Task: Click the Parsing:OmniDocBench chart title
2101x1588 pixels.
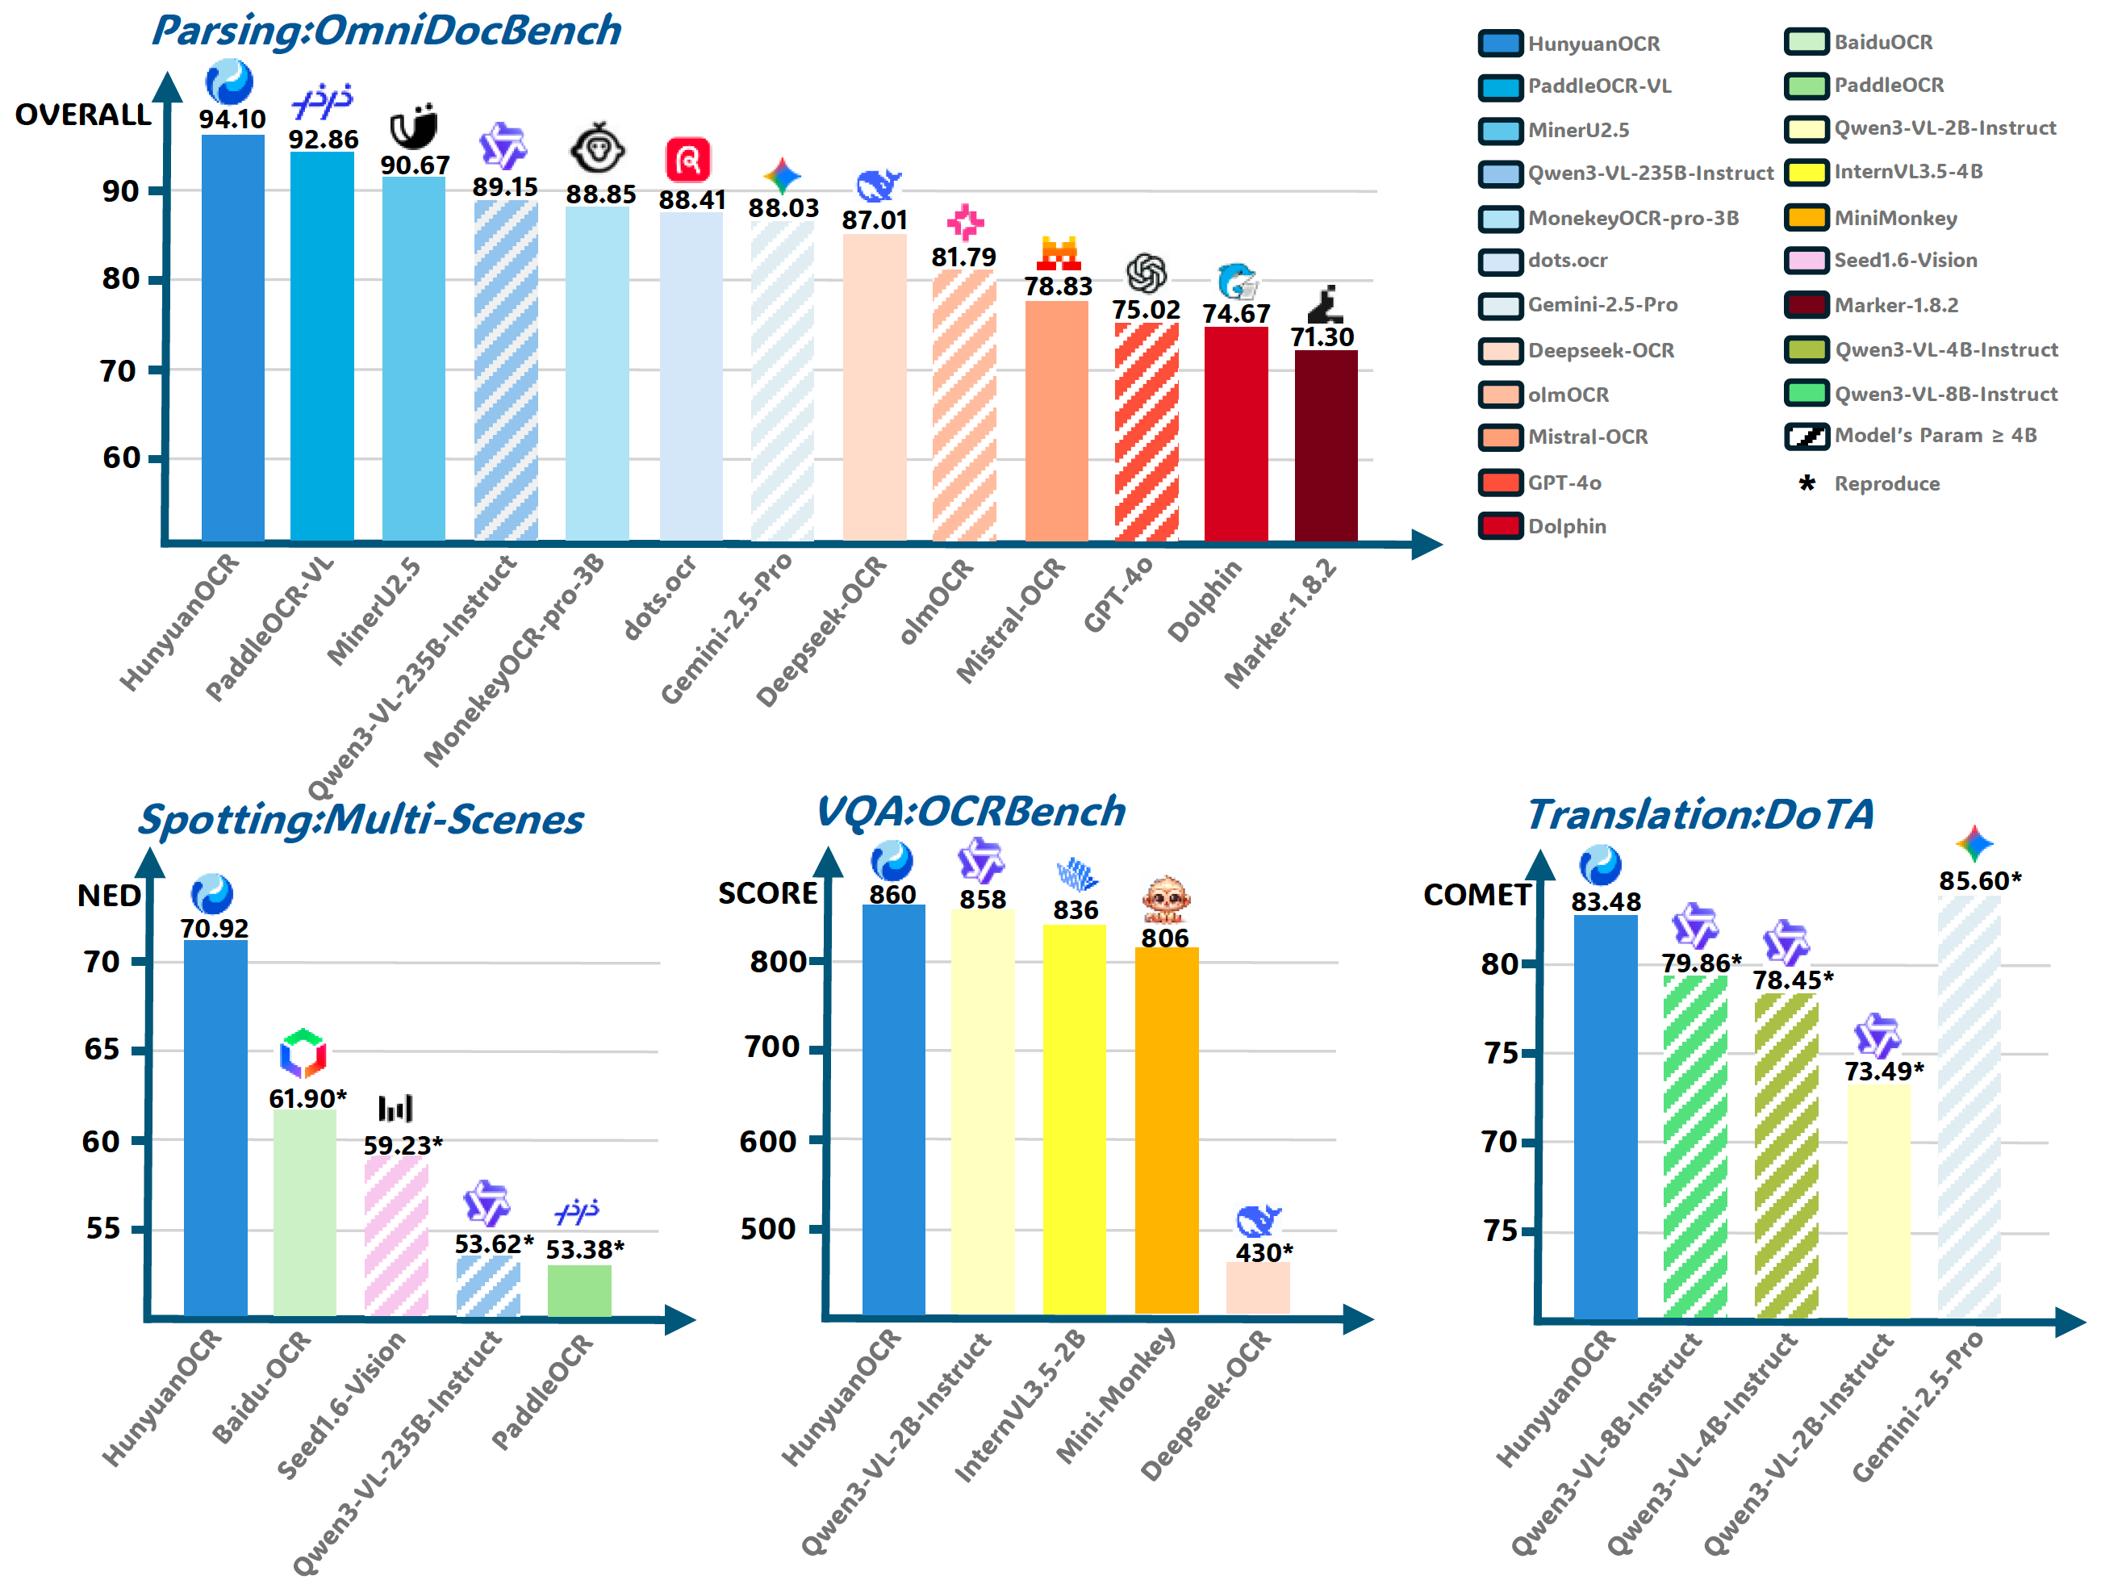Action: tap(386, 31)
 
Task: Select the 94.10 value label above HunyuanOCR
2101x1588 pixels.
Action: tap(232, 119)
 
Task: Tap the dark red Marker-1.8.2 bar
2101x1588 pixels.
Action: tap(1325, 446)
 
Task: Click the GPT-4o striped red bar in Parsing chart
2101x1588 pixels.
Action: tap(1147, 433)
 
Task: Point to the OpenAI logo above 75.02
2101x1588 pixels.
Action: tap(1147, 274)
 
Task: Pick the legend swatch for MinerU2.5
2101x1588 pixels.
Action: tap(1501, 130)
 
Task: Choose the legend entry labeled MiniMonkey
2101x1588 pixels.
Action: tap(1895, 219)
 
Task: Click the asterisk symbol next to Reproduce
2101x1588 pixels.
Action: tap(1807, 484)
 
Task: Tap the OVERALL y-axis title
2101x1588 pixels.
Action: tap(82, 115)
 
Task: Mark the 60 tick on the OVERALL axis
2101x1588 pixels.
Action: tap(121, 458)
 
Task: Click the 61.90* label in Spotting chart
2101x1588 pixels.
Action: tap(307, 1099)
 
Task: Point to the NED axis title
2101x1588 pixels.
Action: tap(108, 896)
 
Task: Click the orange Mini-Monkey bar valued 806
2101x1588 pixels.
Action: tap(1167, 1130)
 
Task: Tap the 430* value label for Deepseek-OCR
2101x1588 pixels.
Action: tap(1264, 1253)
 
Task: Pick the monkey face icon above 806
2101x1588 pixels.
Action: tap(1165, 898)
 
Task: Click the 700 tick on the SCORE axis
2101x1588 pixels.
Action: tap(771, 1047)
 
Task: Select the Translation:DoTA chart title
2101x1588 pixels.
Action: tap(1700, 815)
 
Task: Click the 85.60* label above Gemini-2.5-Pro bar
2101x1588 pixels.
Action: tap(1979, 881)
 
